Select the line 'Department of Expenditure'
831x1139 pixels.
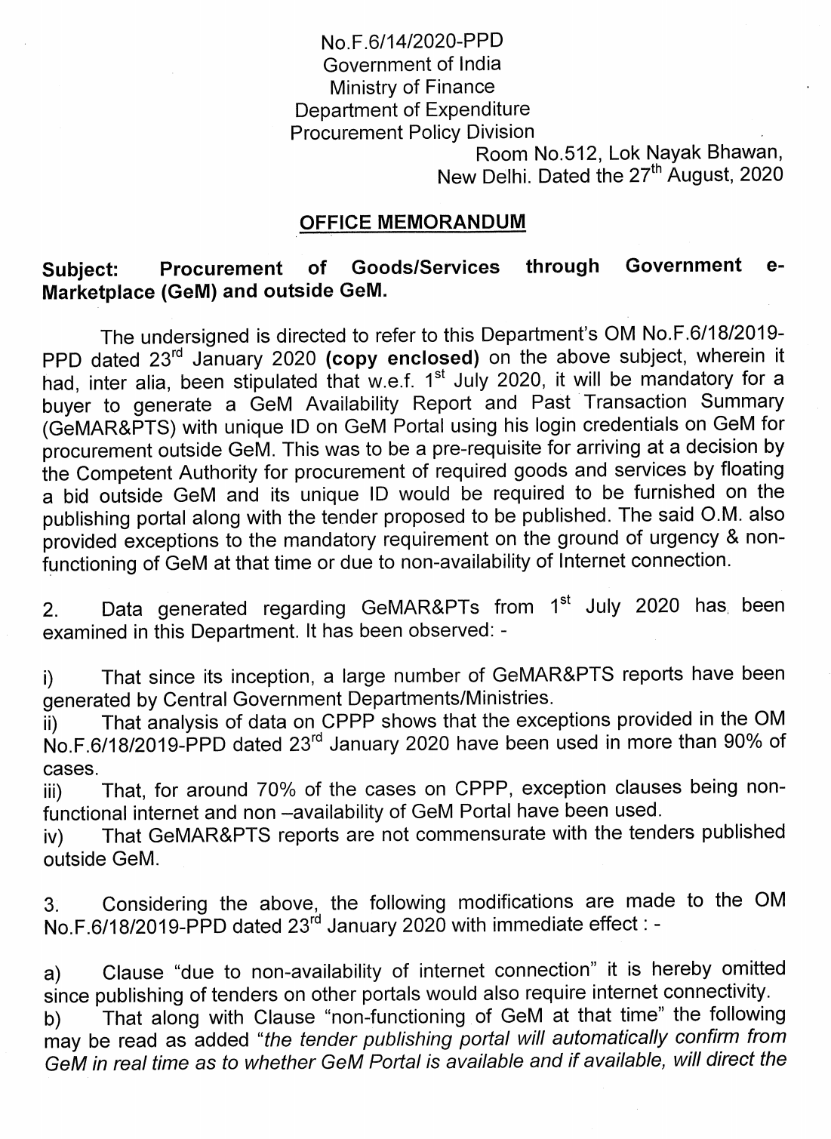[x=411, y=109]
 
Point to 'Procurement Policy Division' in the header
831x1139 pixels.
[x=411, y=132]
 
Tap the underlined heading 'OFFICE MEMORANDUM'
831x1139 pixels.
[x=411, y=223]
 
